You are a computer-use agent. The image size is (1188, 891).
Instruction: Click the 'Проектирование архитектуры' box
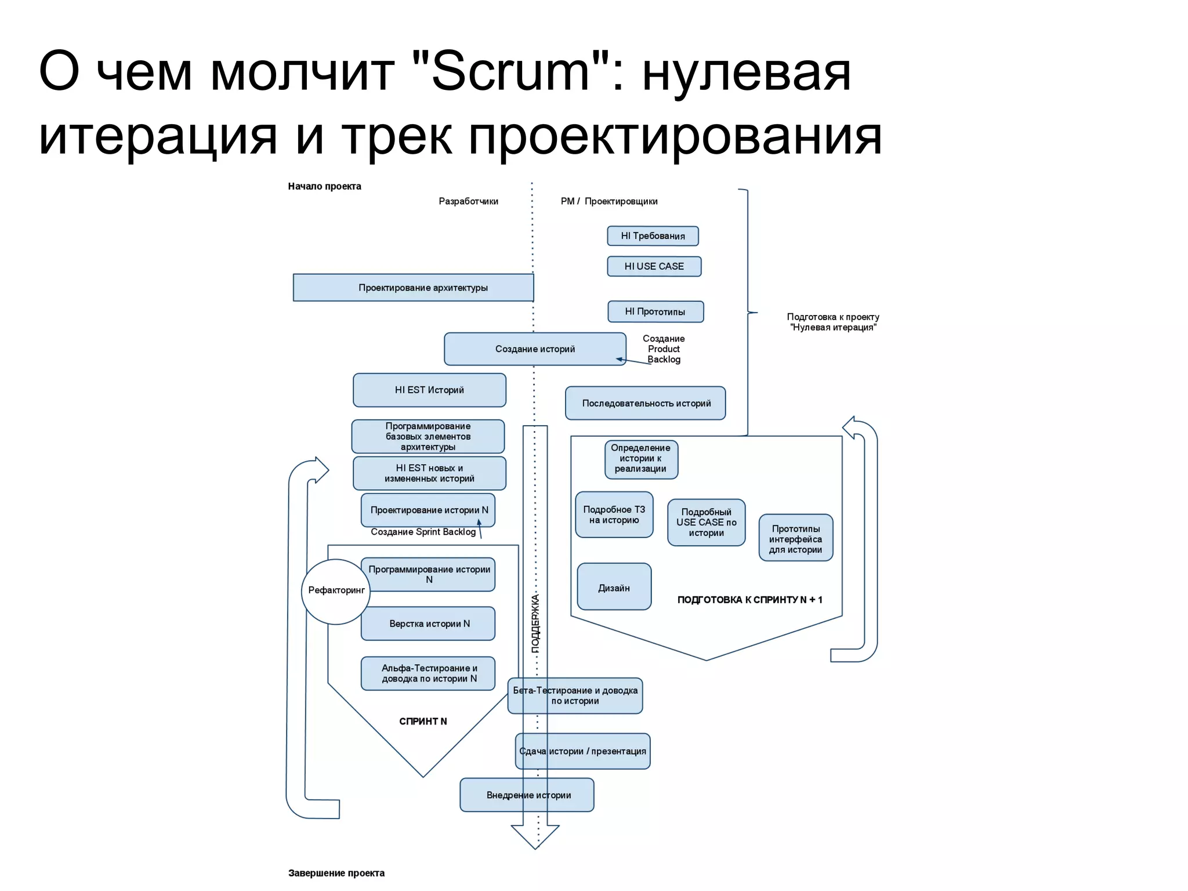(x=413, y=288)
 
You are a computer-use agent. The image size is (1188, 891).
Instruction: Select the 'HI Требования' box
(x=653, y=236)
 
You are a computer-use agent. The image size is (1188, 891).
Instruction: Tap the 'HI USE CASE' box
(x=654, y=266)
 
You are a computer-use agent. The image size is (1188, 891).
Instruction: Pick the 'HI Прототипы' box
(x=655, y=312)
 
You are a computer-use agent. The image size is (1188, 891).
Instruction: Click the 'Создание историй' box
(x=535, y=349)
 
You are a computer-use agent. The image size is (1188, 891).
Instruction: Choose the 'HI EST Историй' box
(x=429, y=390)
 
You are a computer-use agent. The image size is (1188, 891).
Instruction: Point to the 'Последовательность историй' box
(x=646, y=403)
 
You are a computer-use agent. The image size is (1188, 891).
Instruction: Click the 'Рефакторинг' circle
(x=336, y=591)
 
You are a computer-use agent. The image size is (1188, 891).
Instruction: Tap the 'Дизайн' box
(x=614, y=587)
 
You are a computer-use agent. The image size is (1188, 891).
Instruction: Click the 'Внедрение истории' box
(x=527, y=795)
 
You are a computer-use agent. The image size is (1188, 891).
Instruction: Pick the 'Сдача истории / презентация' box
(x=582, y=751)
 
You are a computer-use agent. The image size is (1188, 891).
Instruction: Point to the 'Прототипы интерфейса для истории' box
(x=795, y=538)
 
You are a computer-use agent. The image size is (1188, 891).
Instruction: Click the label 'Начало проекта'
(x=324, y=186)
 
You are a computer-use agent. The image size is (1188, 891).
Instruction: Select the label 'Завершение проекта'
(x=336, y=873)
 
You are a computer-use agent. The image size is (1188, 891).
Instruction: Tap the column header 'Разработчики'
(x=468, y=201)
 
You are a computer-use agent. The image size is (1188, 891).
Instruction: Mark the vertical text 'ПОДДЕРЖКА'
(x=535, y=623)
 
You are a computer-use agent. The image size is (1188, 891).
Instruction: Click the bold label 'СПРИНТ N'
(x=423, y=721)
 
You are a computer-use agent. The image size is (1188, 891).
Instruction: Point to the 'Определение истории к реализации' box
(x=640, y=459)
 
